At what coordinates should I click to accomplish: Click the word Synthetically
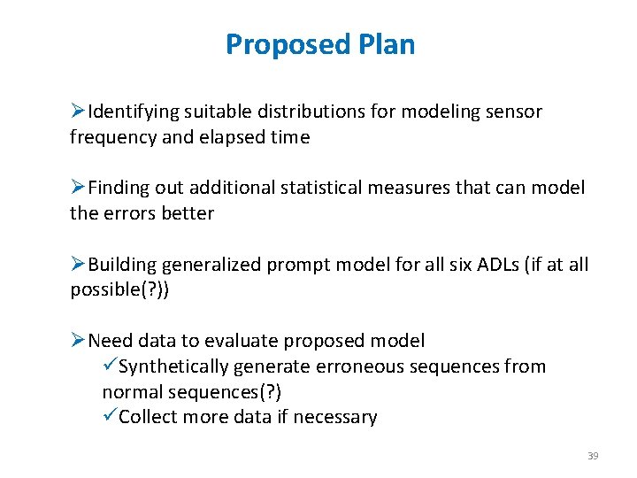(x=173, y=366)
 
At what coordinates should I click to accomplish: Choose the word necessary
(x=336, y=417)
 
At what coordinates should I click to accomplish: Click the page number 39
(x=593, y=456)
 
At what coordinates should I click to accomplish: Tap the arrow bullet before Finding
(x=78, y=188)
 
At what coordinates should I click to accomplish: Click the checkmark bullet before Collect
(x=110, y=417)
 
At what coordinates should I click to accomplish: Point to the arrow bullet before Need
(x=78, y=341)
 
